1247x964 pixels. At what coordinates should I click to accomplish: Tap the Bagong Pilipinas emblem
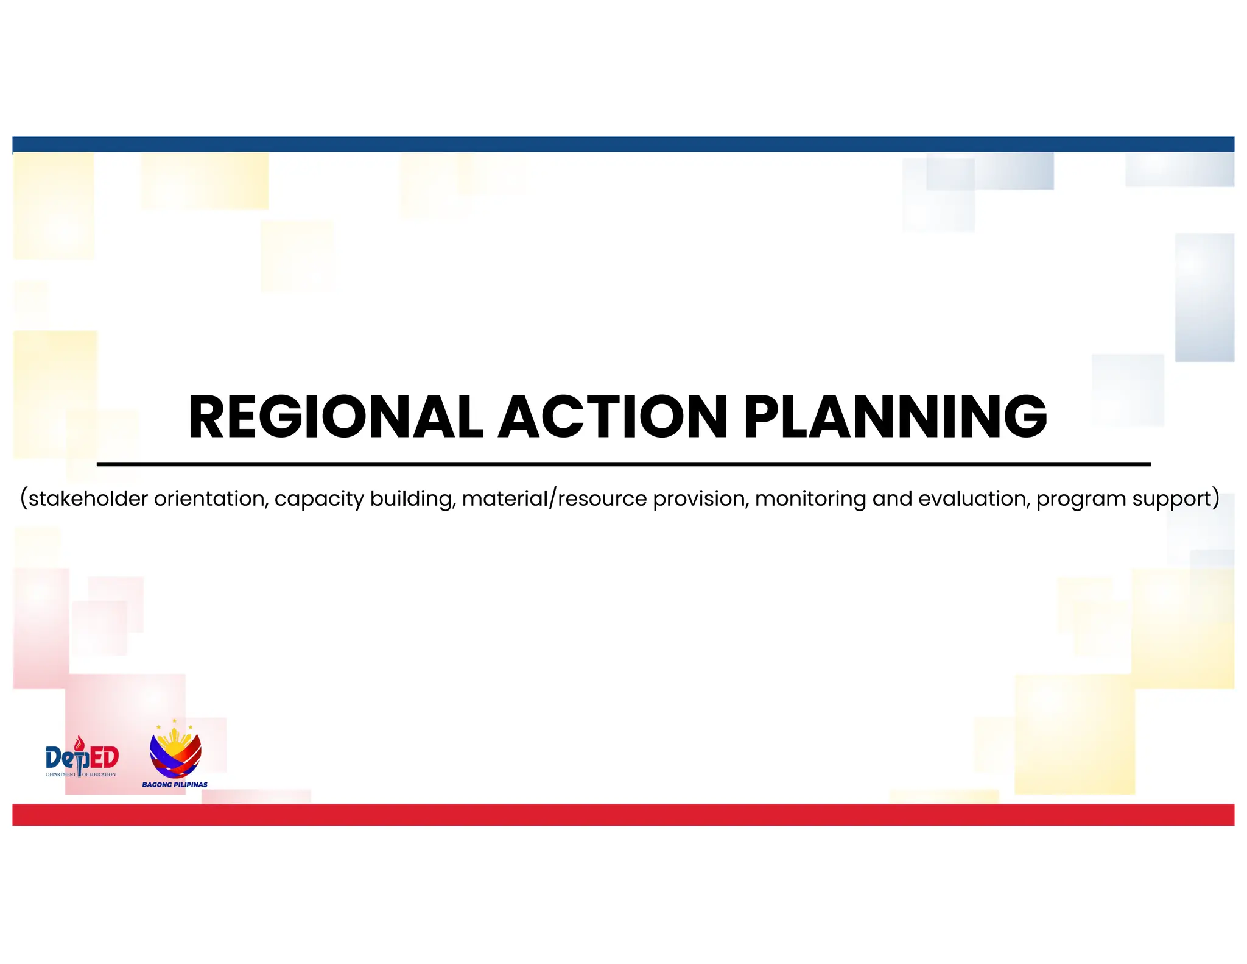(x=175, y=751)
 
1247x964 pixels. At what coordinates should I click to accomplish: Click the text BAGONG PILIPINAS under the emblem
(x=175, y=785)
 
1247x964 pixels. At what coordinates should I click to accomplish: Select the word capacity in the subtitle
(x=319, y=500)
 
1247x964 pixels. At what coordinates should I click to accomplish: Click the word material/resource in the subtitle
(x=554, y=498)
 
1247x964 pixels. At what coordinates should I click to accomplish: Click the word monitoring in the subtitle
(x=810, y=500)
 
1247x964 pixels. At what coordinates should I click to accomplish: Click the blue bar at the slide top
(x=623, y=144)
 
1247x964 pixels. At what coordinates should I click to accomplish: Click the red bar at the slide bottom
(x=623, y=815)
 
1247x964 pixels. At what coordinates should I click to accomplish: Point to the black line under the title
(x=623, y=464)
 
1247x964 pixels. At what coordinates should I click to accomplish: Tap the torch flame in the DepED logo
(x=79, y=743)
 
